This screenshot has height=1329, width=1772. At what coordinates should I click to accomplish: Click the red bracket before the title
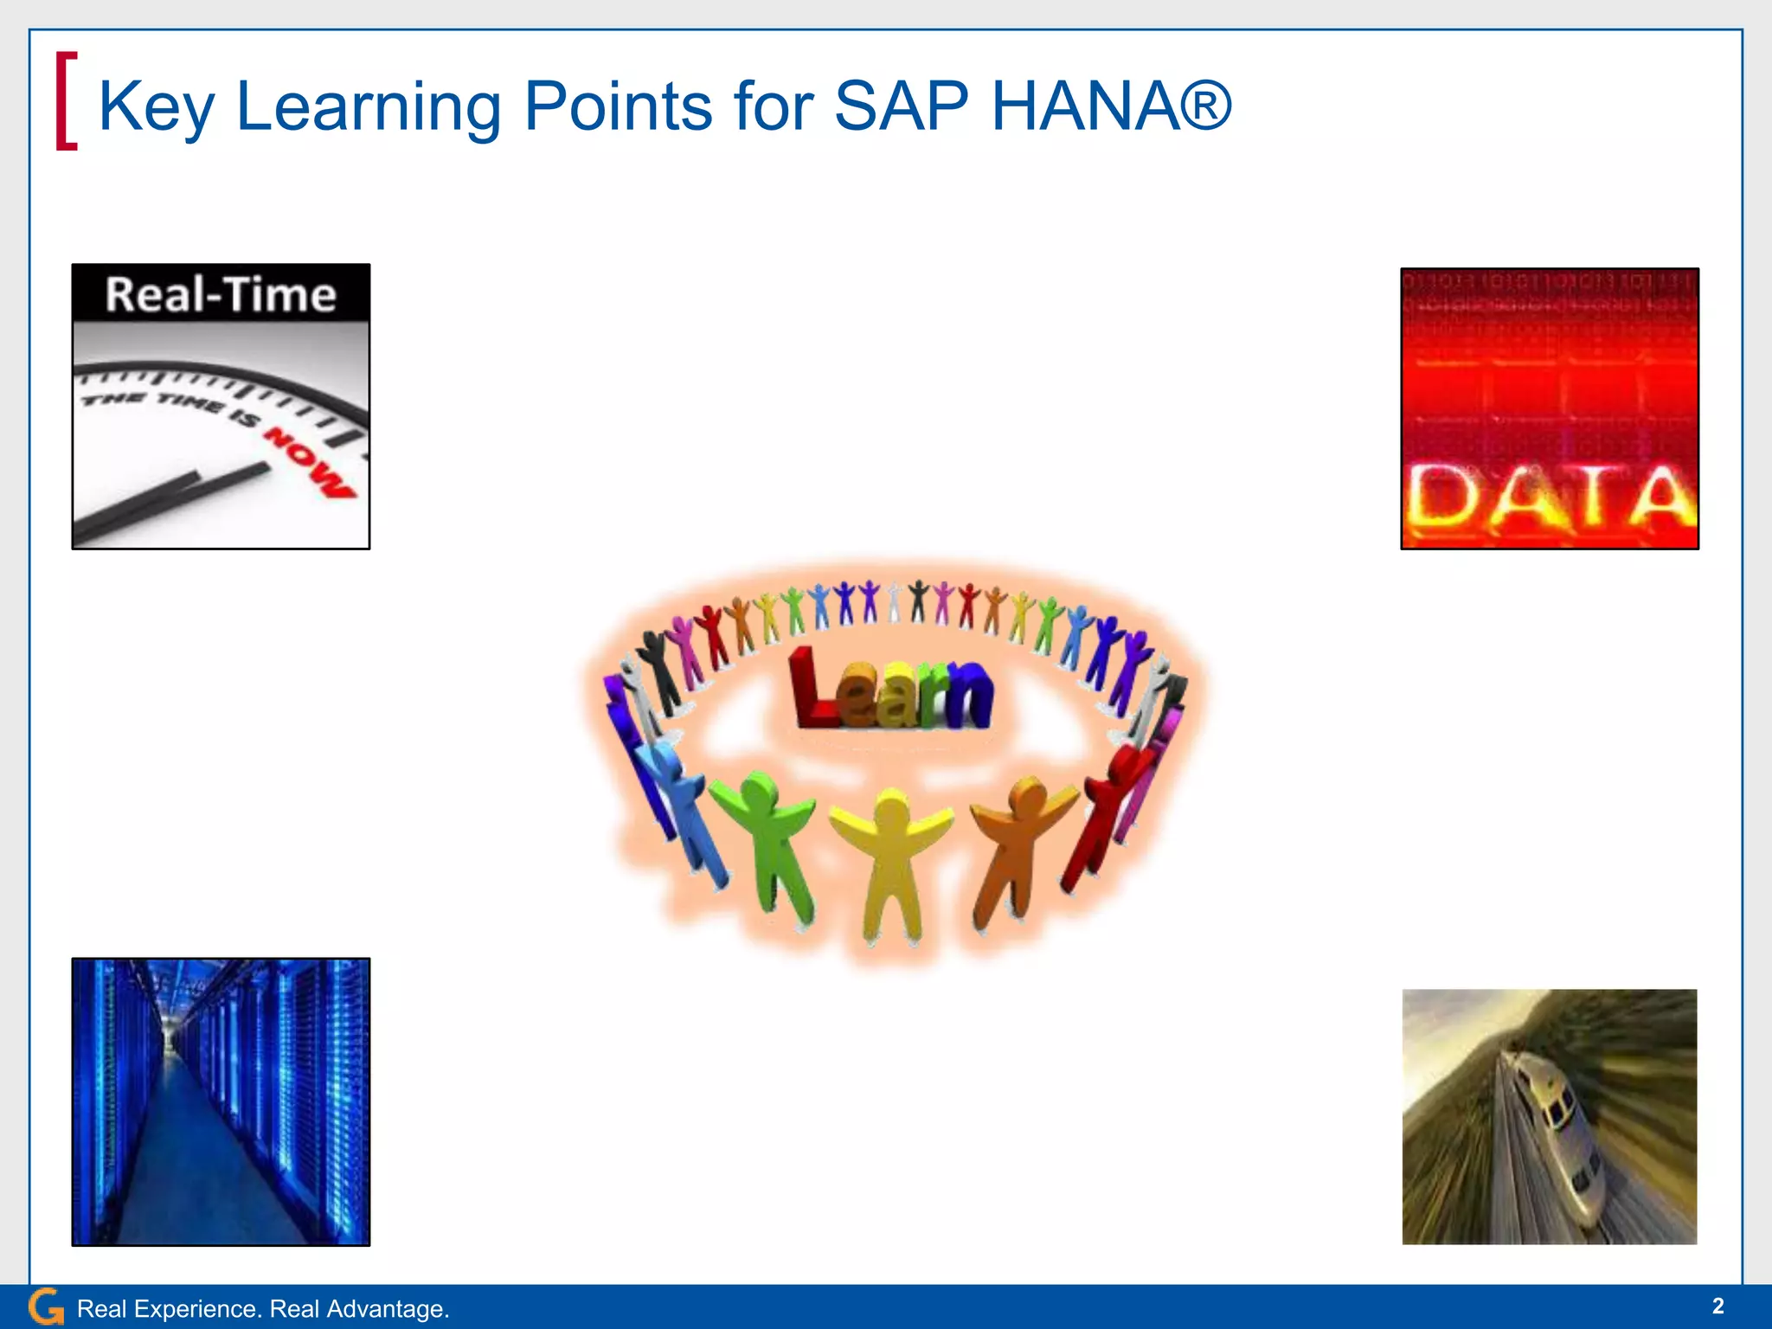(66, 101)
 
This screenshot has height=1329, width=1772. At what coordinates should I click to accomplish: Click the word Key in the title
(156, 106)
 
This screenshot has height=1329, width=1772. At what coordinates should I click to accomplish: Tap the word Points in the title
(618, 106)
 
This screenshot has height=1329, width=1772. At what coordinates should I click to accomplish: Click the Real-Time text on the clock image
(221, 295)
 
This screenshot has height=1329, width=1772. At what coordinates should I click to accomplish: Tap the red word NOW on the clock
(310, 463)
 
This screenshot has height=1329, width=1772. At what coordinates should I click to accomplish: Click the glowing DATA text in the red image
(1549, 497)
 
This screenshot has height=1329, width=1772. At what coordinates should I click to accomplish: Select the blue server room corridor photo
(221, 1101)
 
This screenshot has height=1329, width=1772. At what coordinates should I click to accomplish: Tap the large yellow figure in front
(891, 857)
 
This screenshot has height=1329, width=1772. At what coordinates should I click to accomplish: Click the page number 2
(1717, 1306)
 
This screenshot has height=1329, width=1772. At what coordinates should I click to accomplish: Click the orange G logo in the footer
(45, 1307)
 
